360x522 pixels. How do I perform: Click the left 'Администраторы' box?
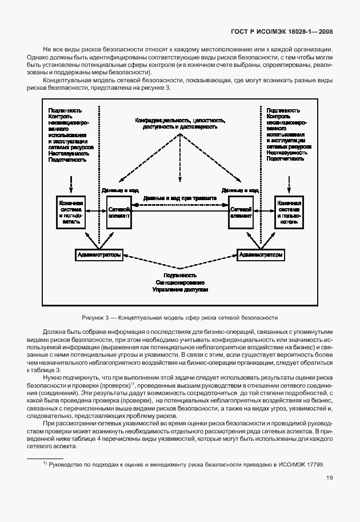pyautogui.click(x=98, y=255)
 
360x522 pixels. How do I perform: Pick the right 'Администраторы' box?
pyautogui.click(x=261, y=255)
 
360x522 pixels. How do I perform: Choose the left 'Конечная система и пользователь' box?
pyautogui.click(x=71, y=213)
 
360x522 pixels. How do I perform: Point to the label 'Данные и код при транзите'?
pyautogui.click(x=179, y=198)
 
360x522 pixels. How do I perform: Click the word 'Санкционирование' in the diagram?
pyautogui.click(x=180, y=282)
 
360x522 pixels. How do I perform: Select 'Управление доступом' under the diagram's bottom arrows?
pyautogui.click(x=180, y=290)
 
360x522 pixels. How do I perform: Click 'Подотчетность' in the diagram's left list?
pyautogui.click(x=68, y=160)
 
